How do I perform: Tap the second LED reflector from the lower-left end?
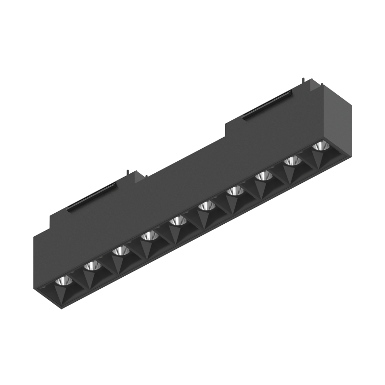click(x=90, y=266)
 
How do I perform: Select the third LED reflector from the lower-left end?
click(x=120, y=251)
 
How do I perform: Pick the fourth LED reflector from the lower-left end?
click(x=149, y=235)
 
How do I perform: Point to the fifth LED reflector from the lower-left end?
click(x=178, y=220)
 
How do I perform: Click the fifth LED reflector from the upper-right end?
click(x=206, y=205)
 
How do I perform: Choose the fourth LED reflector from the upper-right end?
click(x=235, y=191)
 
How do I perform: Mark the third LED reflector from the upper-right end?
click(x=263, y=176)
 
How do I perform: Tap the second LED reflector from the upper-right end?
click(x=291, y=161)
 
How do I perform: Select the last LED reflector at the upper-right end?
click(x=319, y=146)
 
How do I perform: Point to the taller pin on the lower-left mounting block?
click(x=128, y=172)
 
